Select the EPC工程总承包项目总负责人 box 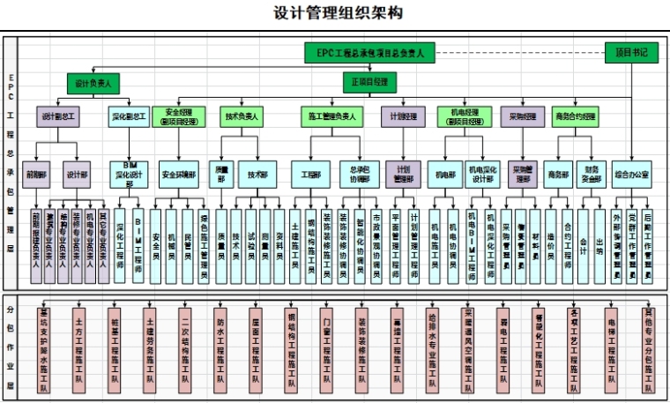370,54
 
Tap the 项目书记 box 631,53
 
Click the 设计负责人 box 93,83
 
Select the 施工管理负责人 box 332,116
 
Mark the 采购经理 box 523,116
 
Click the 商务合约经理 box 576,116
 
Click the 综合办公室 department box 631,175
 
